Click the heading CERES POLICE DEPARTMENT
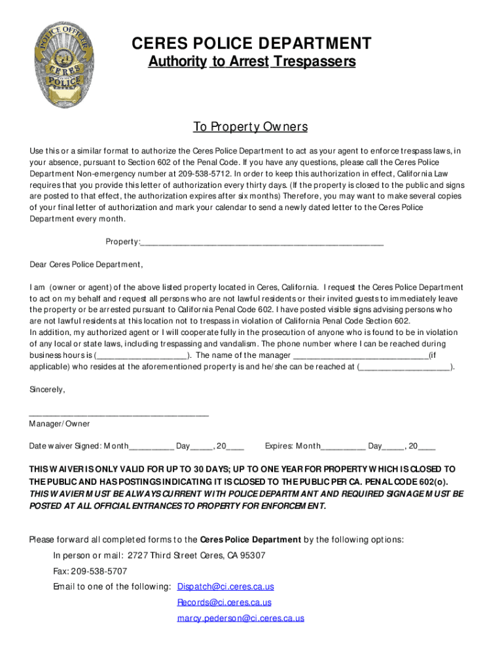251,44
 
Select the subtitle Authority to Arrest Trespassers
251,62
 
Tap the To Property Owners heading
250,126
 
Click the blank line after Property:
262,243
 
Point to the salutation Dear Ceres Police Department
86,264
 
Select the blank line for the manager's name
360,355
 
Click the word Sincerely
47,389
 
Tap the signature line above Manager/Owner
119,414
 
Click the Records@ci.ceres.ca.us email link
224,603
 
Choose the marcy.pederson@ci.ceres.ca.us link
240,618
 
